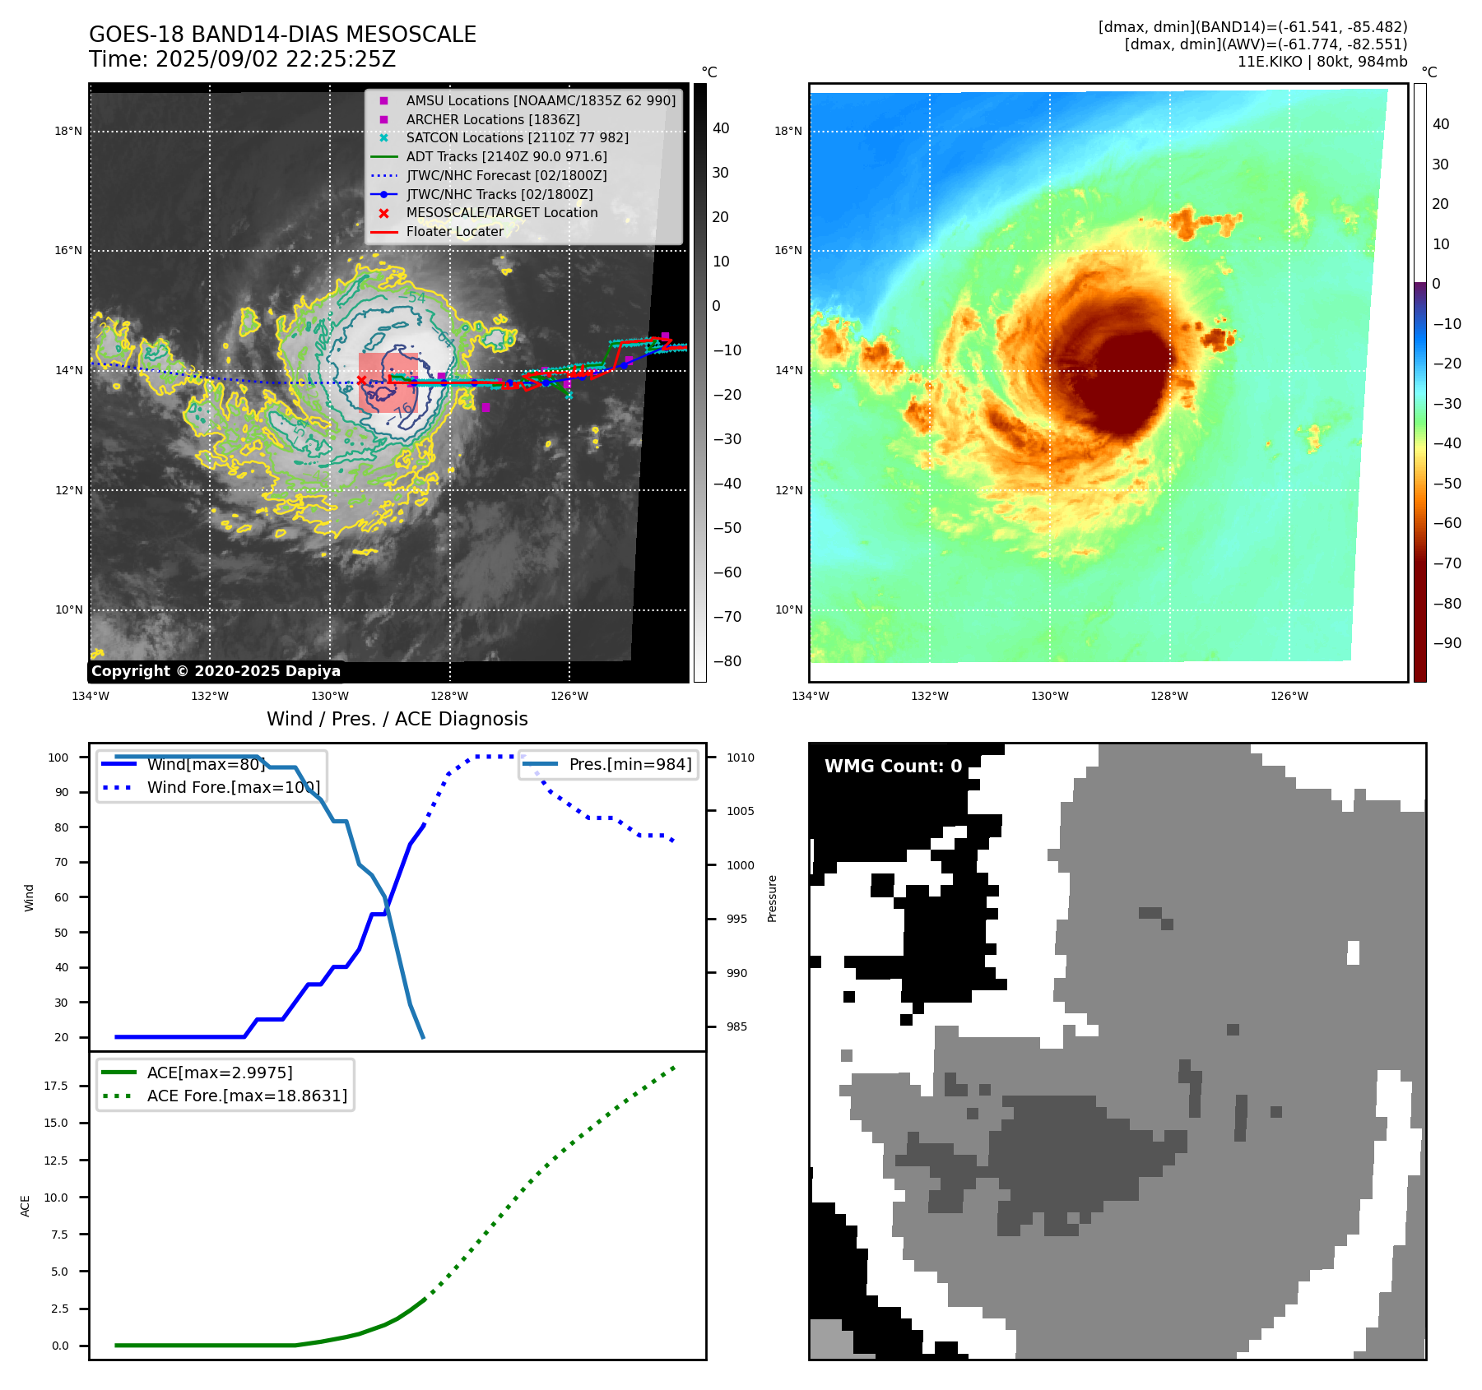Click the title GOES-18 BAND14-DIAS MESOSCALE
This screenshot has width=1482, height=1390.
click(x=282, y=35)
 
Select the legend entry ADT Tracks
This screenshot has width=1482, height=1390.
click(x=506, y=156)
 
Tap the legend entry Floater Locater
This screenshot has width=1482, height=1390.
click(x=454, y=231)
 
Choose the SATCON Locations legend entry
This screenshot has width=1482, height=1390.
click(x=517, y=137)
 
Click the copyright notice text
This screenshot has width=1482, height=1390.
click(x=216, y=671)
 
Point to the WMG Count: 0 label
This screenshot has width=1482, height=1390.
click(x=893, y=767)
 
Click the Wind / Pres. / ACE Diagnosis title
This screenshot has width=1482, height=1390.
click(x=397, y=719)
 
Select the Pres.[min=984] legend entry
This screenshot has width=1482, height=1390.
click(x=630, y=764)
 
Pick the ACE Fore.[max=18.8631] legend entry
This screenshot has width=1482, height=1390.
click(x=247, y=1096)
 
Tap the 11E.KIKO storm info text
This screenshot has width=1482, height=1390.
click(x=1322, y=62)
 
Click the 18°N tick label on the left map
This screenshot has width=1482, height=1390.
click(x=68, y=131)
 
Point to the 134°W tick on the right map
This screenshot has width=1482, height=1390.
click(x=810, y=696)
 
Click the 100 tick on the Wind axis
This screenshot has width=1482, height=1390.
click(x=58, y=758)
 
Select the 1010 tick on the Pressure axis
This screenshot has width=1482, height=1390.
click(x=740, y=758)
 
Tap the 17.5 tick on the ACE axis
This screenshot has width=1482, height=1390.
click(x=56, y=1086)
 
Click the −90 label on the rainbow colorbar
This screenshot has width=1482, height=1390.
click(x=1447, y=643)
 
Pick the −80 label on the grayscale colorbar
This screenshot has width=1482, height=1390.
click(x=727, y=661)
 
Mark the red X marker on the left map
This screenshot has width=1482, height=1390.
click(x=361, y=380)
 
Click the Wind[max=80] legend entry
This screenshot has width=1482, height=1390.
click(x=206, y=764)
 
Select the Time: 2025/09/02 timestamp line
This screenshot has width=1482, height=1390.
click(x=242, y=59)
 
